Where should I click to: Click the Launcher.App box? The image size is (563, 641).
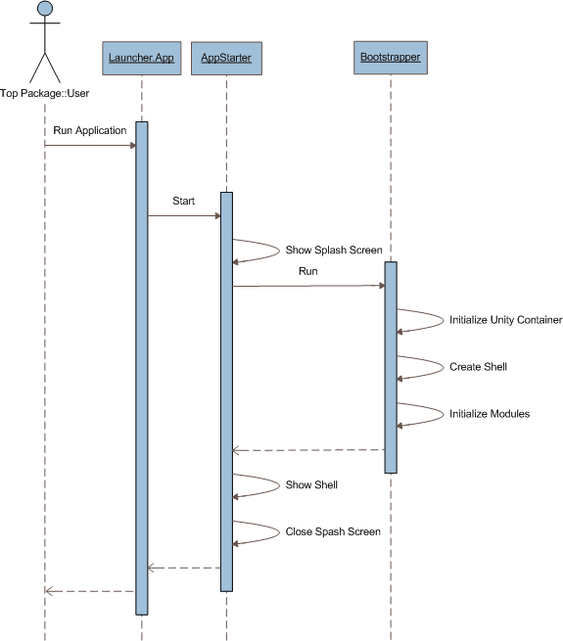click(x=142, y=58)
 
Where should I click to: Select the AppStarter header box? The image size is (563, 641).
click(x=226, y=58)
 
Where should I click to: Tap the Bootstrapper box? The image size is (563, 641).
click(x=391, y=58)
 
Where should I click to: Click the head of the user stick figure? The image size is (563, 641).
click(x=45, y=9)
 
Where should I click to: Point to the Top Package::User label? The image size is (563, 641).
click(x=45, y=93)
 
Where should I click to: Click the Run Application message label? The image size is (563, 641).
click(x=90, y=130)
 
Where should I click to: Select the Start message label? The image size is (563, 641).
click(x=183, y=201)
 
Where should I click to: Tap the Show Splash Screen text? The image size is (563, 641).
click(x=334, y=250)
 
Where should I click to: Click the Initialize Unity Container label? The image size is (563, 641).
click(x=505, y=320)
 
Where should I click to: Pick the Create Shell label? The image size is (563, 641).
click(x=478, y=367)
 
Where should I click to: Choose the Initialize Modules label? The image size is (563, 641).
click(x=490, y=414)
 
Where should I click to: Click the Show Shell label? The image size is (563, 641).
click(x=311, y=484)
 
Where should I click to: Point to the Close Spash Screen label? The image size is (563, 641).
click(x=333, y=531)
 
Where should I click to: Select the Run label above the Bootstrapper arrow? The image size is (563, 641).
click(x=308, y=271)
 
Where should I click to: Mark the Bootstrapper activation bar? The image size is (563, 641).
click(x=391, y=368)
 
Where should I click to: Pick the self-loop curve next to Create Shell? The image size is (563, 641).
click(x=444, y=367)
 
